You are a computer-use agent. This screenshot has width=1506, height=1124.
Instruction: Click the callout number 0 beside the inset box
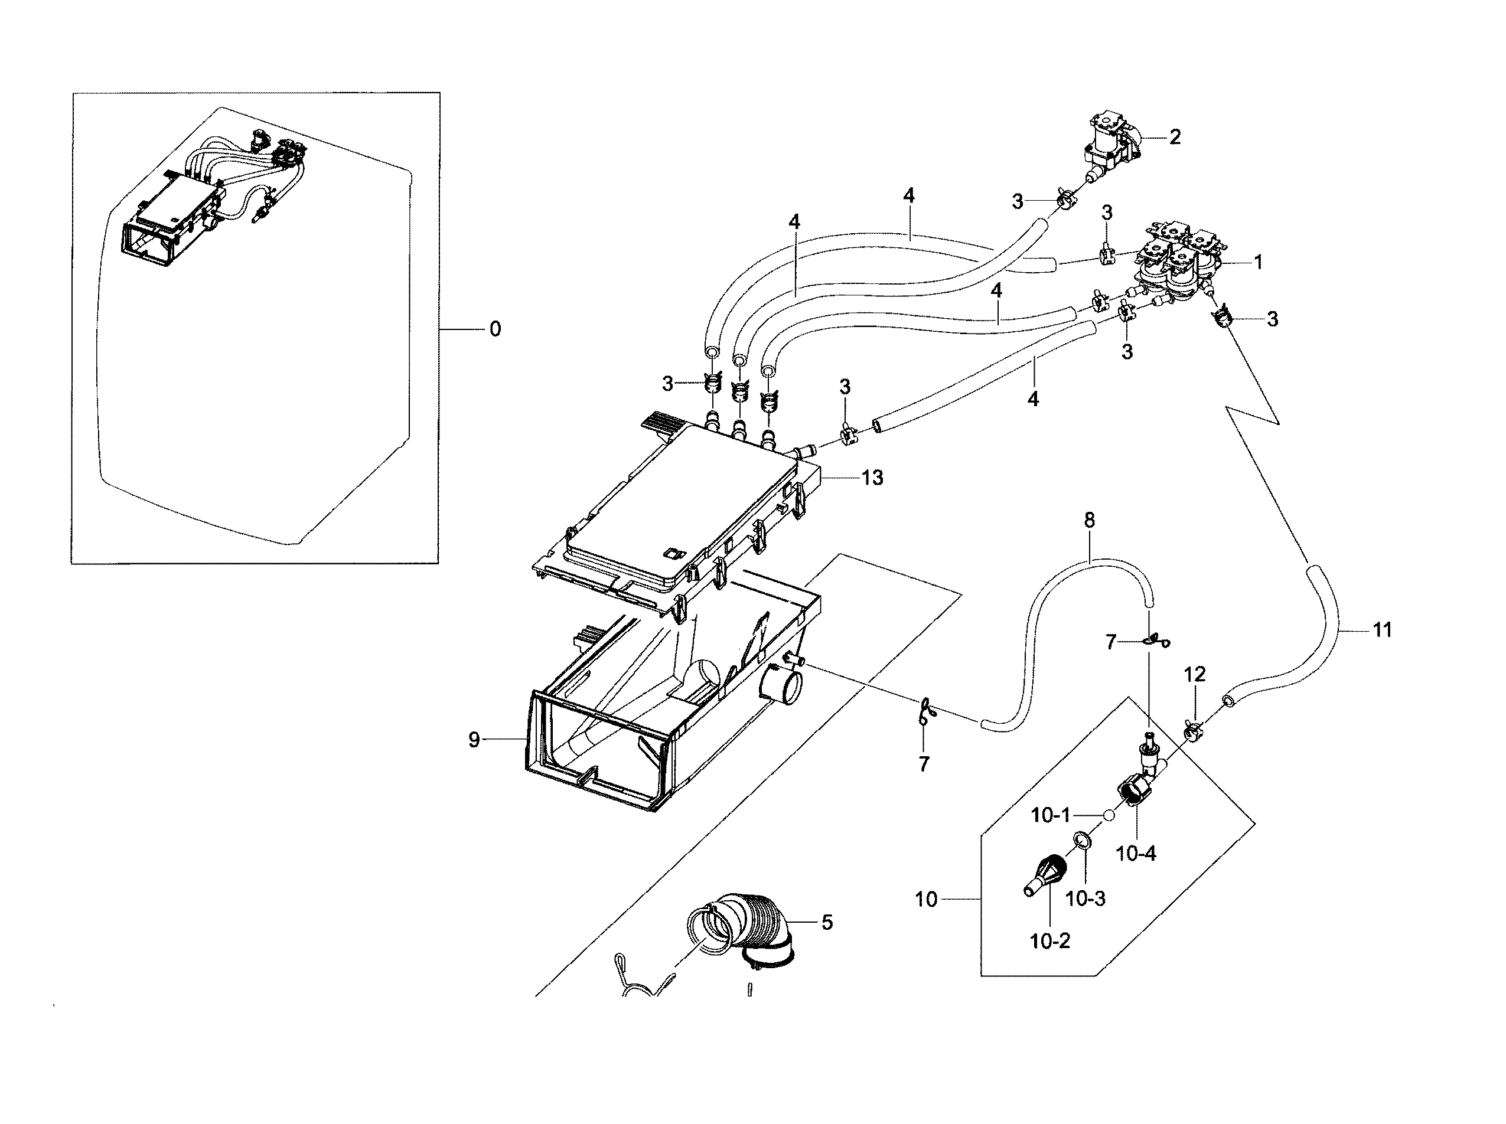click(x=496, y=329)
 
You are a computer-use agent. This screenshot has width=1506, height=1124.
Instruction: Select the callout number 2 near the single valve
click(x=1175, y=137)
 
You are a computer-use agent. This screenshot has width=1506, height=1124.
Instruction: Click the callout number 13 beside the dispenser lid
click(x=872, y=478)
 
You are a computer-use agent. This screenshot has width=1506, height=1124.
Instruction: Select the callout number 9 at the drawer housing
click(x=474, y=740)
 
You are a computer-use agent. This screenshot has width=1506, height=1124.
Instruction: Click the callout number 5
click(x=827, y=923)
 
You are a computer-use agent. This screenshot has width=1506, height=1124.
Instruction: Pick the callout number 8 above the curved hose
click(x=1089, y=521)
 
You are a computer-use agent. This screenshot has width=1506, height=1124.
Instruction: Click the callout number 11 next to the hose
click(x=1382, y=630)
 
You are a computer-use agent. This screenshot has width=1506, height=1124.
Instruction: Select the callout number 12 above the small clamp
click(x=1194, y=674)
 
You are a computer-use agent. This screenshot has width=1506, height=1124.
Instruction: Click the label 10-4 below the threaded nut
click(x=1136, y=853)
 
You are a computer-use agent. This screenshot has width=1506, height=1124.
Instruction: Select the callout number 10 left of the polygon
click(x=926, y=900)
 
